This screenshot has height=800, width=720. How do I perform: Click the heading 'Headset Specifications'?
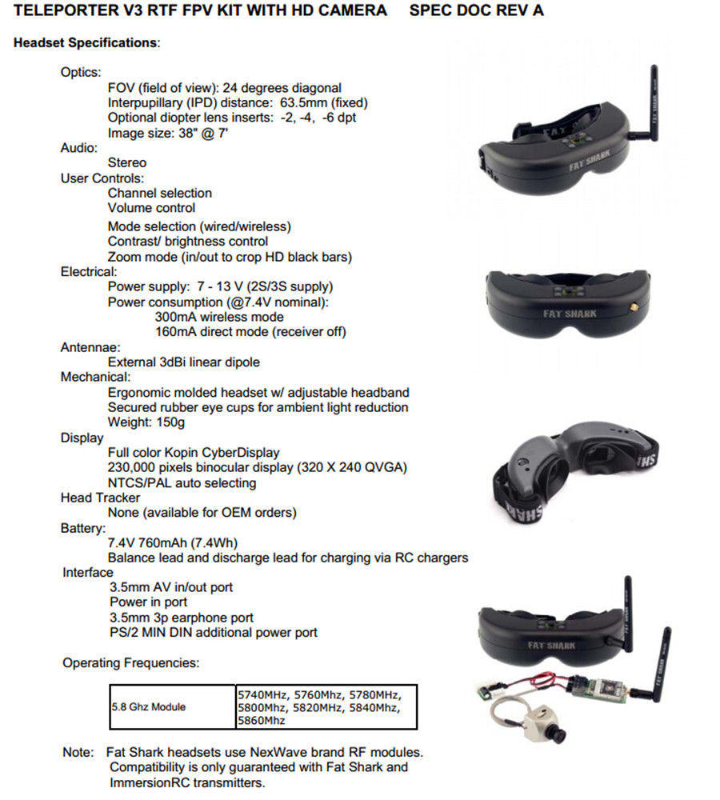point(86,43)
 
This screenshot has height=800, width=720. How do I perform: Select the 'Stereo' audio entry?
point(127,162)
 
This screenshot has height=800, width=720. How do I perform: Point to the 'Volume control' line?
point(151,208)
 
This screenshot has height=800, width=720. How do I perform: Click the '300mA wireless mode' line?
point(219,317)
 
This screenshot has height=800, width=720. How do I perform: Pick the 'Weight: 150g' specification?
point(146,422)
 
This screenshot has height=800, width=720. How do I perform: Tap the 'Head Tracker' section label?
point(100,498)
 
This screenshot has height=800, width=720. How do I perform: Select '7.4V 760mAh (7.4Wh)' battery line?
point(173,543)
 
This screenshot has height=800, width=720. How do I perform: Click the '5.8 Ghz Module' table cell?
point(149,707)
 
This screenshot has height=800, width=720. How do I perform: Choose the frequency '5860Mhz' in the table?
point(262,721)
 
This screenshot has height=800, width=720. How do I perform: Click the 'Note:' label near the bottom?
point(78,752)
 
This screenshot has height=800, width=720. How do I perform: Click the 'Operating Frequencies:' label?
point(130,662)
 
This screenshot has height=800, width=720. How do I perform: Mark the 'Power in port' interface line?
point(149,602)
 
